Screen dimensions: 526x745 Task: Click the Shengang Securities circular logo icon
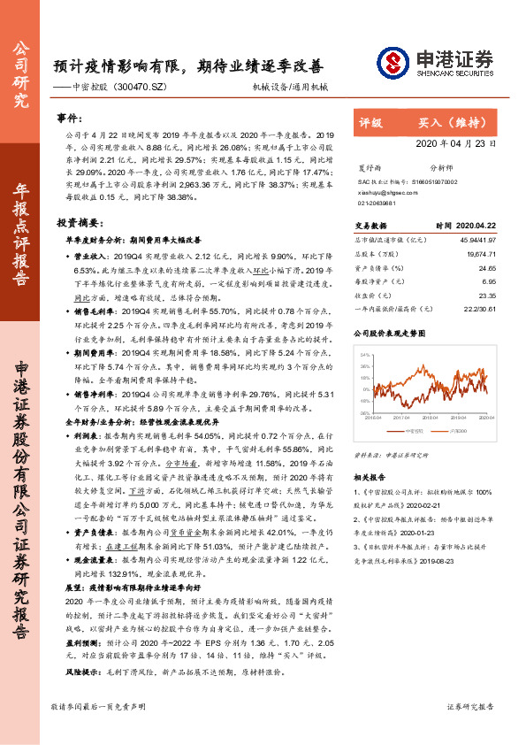pyautogui.click(x=392, y=62)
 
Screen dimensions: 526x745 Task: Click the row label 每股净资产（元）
pyautogui.click(x=381, y=282)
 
